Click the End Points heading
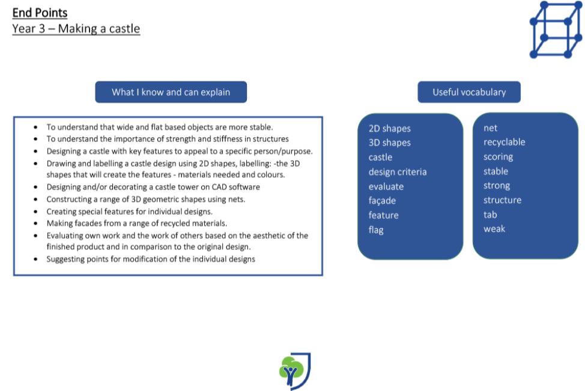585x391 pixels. [40, 13]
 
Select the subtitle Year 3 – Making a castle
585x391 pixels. [76, 29]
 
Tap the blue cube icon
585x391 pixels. [556, 29]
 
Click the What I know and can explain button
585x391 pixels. [171, 92]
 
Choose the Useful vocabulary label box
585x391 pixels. [469, 92]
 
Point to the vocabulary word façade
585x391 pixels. [382, 201]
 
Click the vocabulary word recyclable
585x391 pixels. [505, 142]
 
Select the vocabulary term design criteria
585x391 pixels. [398, 172]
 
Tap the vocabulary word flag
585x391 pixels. [376, 230]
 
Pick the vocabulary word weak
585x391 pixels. [494, 229]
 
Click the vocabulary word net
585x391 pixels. [490, 128]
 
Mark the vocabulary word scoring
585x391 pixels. [498, 157]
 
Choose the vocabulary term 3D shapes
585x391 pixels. [390, 143]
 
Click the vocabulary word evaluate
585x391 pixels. [386, 186]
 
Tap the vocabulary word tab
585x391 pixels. [490, 215]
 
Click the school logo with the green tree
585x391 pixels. [295, 371]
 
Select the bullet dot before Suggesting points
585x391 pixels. [35, 259]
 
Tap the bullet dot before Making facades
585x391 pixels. [35, 224]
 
